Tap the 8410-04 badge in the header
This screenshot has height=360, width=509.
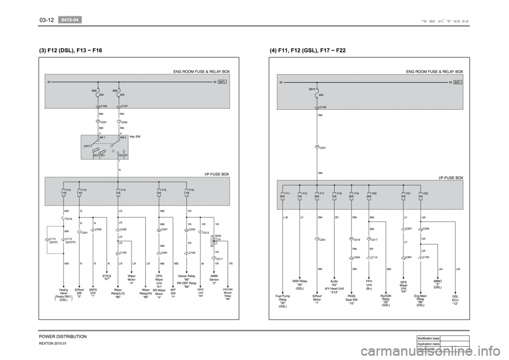pyautogui.click(x=69, y=20)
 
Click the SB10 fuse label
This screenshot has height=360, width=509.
pyautogui.click(x=312, y=90)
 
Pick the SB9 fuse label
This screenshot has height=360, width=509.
pyautogui.click(x=94, y=90)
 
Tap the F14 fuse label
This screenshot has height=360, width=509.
pyautogui.click(x=123, y=189)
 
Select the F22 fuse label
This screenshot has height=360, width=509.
pyautogui.click(x=425, y=194)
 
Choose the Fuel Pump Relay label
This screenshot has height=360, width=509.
pyautogui.click(x=283, y=301)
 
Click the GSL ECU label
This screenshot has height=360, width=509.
pyautogui.click(x=455, y=301)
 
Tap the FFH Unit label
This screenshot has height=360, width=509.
pyautogui.click(x=369, y=285)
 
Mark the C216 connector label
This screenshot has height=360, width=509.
pyautogui.click(x=69, y=218)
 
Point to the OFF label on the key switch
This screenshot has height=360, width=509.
pyautogui.click(x=86, y=144)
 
